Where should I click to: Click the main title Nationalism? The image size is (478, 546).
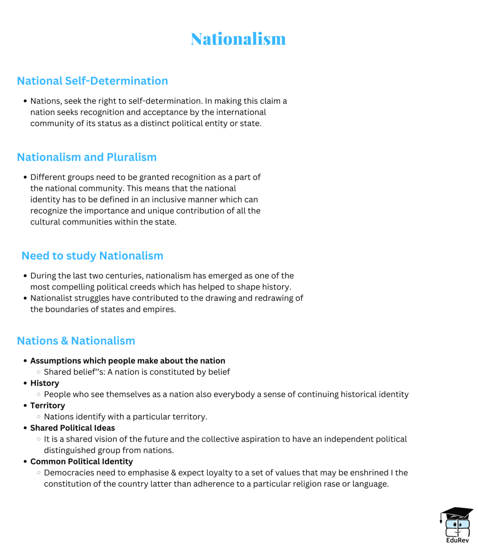pos(238,39)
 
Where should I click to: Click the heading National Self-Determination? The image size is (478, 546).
pos(92,81)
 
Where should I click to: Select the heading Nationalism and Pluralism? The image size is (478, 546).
pos(87,157)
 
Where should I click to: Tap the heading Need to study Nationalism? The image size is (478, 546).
pos(92,256)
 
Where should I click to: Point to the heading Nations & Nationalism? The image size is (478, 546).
pos(76,341)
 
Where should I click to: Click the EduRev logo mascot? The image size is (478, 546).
pos(456,522)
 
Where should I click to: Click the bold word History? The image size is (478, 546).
pos(45,383)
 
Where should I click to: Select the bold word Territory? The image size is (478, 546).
pos(48,406)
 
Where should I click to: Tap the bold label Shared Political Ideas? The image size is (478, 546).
pos(72,428)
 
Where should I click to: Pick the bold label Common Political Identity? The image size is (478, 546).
pos(82,462)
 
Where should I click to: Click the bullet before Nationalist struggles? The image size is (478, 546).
pos(25,299)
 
